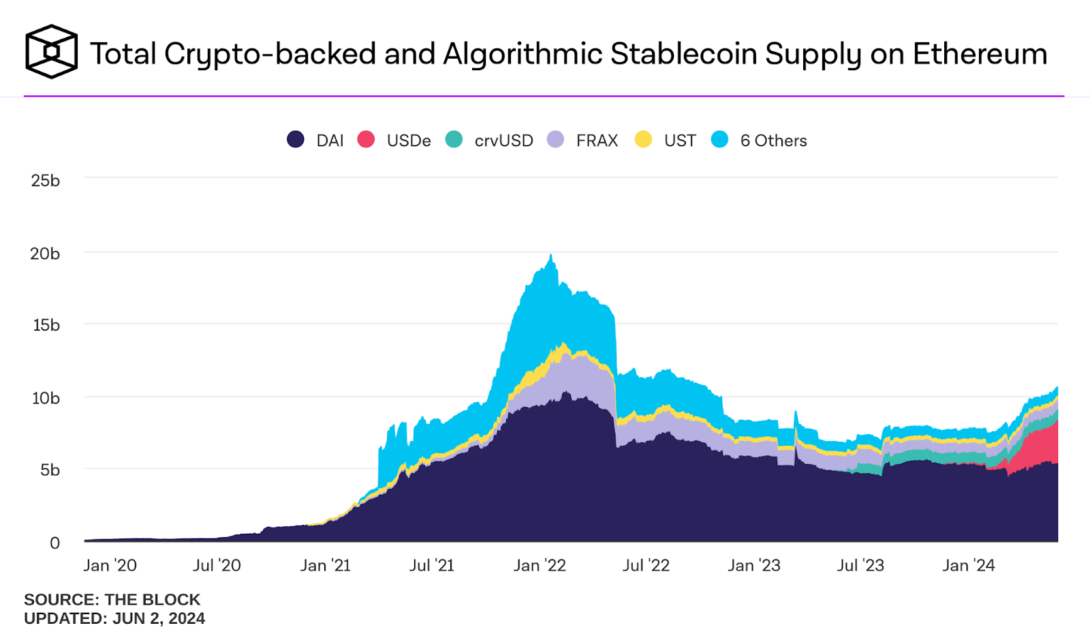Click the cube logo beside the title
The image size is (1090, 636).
51,52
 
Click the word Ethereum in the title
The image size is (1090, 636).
980,54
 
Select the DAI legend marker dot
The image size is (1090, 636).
295,140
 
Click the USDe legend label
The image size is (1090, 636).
409,140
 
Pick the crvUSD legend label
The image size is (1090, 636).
503,140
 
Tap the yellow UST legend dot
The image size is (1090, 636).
643,140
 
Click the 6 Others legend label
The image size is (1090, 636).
773,140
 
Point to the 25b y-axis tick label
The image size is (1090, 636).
45,181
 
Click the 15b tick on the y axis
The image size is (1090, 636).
46,325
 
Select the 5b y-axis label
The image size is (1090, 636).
50,470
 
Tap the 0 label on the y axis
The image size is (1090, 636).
54,543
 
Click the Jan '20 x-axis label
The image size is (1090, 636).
110,566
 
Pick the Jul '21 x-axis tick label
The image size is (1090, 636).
431,566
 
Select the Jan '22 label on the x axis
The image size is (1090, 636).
540,566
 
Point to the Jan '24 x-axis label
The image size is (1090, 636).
968,566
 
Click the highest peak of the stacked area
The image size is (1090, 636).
551,256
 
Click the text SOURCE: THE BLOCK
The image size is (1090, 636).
112,600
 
